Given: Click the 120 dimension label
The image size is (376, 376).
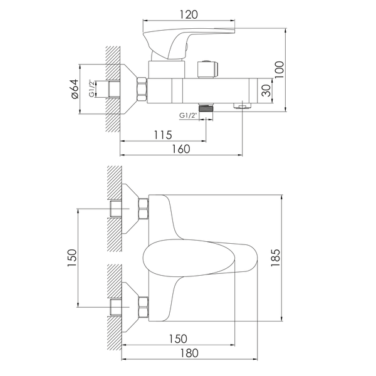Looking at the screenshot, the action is click(189, 14).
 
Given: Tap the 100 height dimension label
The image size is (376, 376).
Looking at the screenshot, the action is click(279, 70).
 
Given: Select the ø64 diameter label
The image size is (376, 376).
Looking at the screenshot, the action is click(75, 89).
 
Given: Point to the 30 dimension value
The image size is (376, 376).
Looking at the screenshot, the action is click(266, 90).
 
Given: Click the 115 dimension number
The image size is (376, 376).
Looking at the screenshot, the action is click(163, 135).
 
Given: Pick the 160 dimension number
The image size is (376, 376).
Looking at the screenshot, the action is click(181, 149).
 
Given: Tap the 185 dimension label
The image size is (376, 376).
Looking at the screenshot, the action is click(275, 258).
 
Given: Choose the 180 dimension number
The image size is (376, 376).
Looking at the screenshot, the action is click(189, 353).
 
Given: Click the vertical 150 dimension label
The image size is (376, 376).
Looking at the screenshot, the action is click(72, 258).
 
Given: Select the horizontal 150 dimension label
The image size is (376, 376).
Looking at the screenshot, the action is click(178, 339).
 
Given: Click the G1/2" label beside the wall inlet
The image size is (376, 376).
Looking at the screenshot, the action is click(91, 88).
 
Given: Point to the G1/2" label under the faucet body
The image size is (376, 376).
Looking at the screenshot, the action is click(188, 115).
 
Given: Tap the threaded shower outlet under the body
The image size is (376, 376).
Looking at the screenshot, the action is click(206, 107).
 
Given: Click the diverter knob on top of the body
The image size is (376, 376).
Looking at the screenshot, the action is click(207, 69).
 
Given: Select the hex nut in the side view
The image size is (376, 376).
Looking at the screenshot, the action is click(142, 89).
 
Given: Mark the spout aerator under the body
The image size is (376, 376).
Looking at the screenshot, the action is click(242, 105).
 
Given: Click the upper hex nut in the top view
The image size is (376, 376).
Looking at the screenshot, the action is click(143, 209).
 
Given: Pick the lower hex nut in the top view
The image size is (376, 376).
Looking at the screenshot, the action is click(143, 307).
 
